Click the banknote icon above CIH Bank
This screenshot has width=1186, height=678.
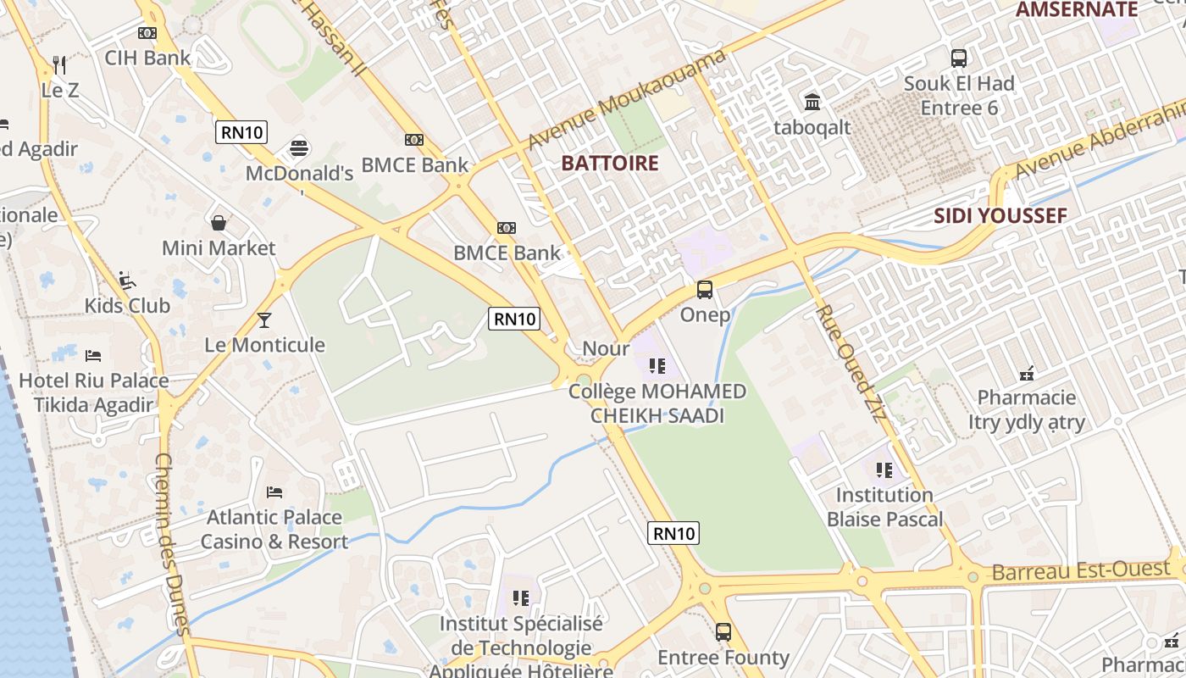pyautogui.click(x=147, y=33)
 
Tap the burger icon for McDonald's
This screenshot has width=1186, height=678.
pyautogui.click(x=298, y=148)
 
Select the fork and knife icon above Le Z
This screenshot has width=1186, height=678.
pyautogui.click(x=59, y=64)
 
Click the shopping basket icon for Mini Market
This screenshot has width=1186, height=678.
pyautogui.click(x=219, y=223)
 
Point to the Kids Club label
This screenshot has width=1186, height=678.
pyautogui.click(x=127, y=305)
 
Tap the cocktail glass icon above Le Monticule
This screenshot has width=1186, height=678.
pyautogui.click(x=264, y=320)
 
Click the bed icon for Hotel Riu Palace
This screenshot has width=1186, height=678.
pyautogui.click(x=93, y=355)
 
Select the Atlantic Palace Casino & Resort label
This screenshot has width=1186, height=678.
pyautogui.click(x=274, y=530)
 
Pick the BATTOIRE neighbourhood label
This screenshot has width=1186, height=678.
pyautogui.click(x=610, y=164)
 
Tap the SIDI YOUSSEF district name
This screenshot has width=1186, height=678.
pyautogui.click(x=1000, y=216)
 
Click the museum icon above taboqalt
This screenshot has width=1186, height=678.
pyautogui.click(x=812, y=102)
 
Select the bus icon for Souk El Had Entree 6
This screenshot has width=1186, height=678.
pyautogui.click(x=959, y=58)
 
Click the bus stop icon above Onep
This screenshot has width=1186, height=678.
pyautogui.click(x=705, y=290)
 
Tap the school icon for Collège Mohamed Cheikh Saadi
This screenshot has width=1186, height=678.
pyautogui.click(x=657, y=366)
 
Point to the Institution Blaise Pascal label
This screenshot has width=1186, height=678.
pyautogui.click(x=884, y=507)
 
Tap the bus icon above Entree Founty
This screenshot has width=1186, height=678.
pyautogui.click(x=723, y=631)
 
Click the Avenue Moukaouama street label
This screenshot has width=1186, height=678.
pyautogui.click(x=627, y=98)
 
